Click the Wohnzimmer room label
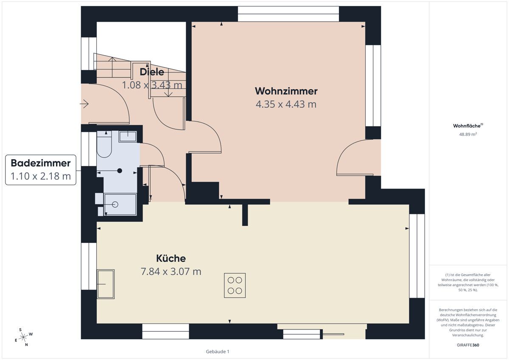click(286, 91)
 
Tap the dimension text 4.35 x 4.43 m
click(286, 104)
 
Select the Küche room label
click(171, 258)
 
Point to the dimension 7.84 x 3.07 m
click(171, 271)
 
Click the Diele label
click(152, 72)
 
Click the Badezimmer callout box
click(41, 170)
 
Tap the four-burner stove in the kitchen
click(235, 285)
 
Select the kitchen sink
click(105, 284)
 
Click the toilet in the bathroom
click(104, 146)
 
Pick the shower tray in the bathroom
click(120, 205)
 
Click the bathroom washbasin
click(127, 136)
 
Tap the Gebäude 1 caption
click(217, 352)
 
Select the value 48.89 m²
click(468, 134)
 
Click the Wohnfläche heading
click(468, 126)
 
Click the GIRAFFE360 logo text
click(468, 345)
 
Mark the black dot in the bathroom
click(120, 171)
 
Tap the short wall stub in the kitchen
click(245, 214)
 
